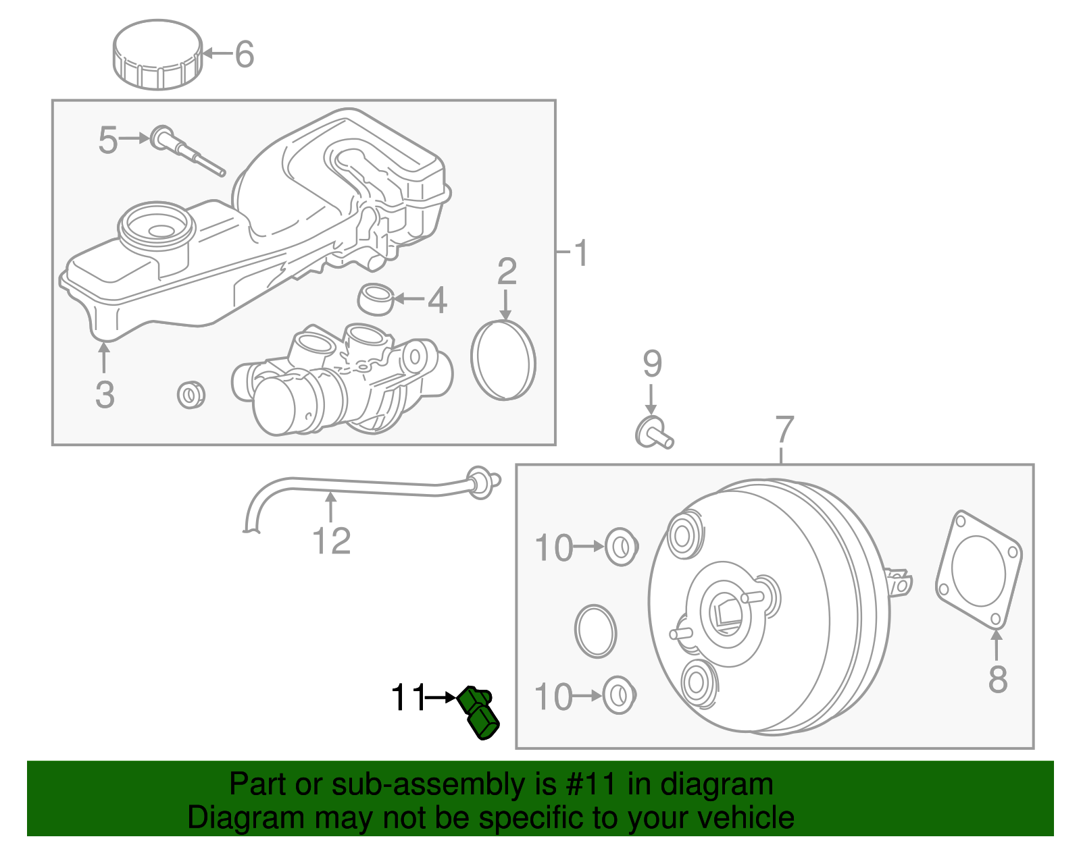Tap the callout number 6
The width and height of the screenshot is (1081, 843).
pos(244,54)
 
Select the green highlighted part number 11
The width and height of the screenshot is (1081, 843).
pos(479,713)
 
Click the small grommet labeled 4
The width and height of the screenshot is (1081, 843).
pos(376,299)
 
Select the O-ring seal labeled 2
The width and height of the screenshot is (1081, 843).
pos(503,360)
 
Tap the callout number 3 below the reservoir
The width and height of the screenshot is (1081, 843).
pos(105,395)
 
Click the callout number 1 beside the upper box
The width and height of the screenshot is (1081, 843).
pos(580,254)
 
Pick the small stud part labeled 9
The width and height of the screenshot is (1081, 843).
pos(653,432)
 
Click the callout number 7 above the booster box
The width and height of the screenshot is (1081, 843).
pos(784,429)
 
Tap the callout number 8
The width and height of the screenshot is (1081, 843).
pos(997,679)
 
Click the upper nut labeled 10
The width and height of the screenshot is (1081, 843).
pos(620,547)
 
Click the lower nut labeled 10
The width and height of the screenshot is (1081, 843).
pos(618,695)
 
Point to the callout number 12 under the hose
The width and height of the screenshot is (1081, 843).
pos(331,541)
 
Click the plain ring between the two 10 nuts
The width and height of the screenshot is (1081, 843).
pos(595,631)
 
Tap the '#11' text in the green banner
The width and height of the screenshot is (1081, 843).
pos(588,784)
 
